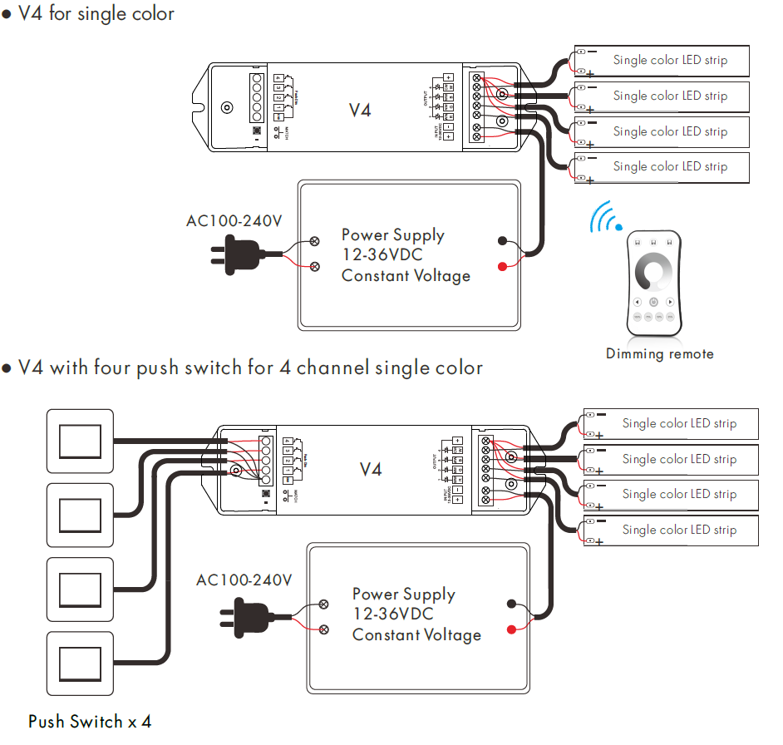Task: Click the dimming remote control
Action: (653, 284)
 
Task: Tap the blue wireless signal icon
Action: (606, 218)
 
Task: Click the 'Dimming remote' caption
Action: (659, 354)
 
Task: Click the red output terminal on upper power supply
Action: (503, 266)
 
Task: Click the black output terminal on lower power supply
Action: (513, 604)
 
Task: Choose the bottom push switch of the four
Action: (80, 662)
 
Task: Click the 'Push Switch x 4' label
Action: (90, 722)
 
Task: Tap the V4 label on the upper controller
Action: (359, 109)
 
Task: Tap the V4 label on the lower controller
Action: (371, 470)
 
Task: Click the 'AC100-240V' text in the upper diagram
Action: (234, 221)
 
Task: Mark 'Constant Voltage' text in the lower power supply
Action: (416, 635)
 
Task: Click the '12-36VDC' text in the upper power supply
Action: (382, 255)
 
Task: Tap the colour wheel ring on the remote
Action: (653, 274)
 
